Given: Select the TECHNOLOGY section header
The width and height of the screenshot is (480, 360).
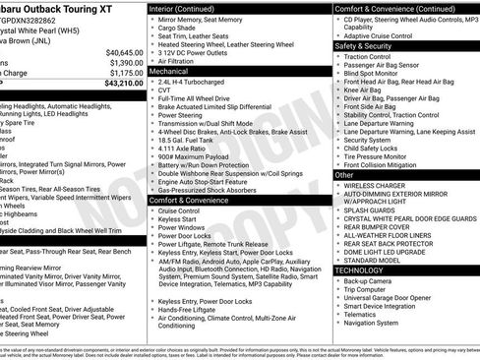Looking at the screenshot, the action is (358, 269).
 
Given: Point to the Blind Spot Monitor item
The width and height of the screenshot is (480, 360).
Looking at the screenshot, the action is (378, 74).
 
